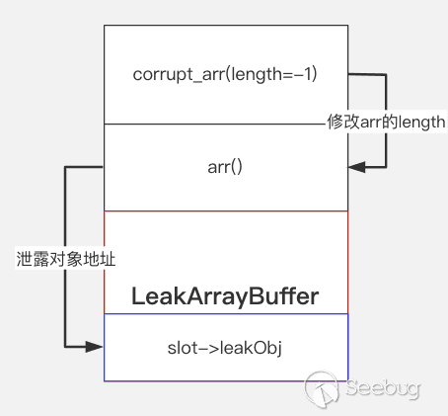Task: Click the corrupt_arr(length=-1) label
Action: pos(225,74)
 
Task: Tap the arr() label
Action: pos(225,167)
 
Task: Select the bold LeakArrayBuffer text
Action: pos(225,296)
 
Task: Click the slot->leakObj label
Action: pos(225,348)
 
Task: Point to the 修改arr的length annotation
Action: pos(386,123)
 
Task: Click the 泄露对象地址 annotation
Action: pos(66,259)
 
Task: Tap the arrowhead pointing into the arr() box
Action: pos(356,167)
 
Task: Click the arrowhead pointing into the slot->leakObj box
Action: pos(95,347)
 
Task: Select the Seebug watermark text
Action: pos(383,388)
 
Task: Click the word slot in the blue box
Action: pos(183,348)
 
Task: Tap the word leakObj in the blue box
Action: pos(251,349)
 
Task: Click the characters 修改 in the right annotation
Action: pos(343,122)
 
